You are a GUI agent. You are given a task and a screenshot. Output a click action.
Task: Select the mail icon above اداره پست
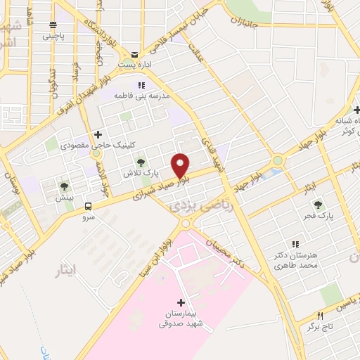click(134, 55)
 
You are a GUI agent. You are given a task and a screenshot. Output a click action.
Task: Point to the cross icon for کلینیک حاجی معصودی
click(98, 134)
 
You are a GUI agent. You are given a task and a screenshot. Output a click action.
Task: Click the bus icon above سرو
click(89, 206)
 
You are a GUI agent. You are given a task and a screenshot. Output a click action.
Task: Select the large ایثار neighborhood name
click(73, 269)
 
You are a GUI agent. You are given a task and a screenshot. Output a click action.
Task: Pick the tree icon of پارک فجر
click(319, 204)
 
